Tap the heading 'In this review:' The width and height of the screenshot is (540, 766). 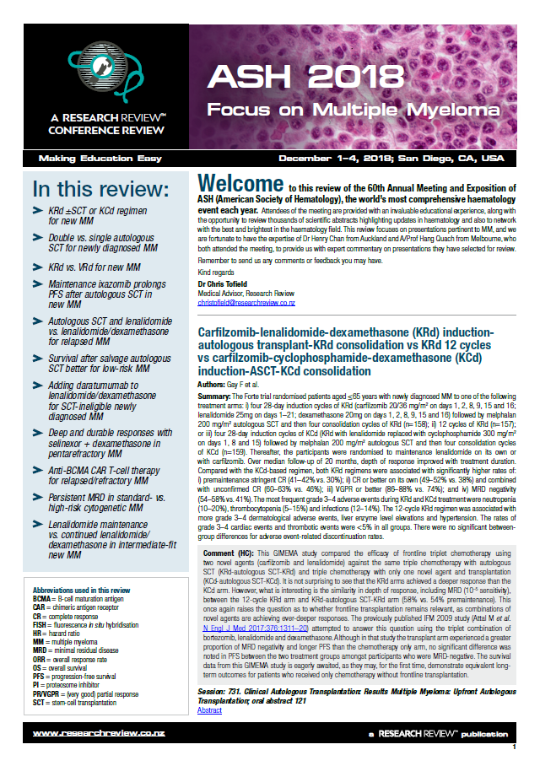99,186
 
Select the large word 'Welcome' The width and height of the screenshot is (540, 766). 240,184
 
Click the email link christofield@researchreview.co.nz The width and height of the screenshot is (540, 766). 246,301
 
